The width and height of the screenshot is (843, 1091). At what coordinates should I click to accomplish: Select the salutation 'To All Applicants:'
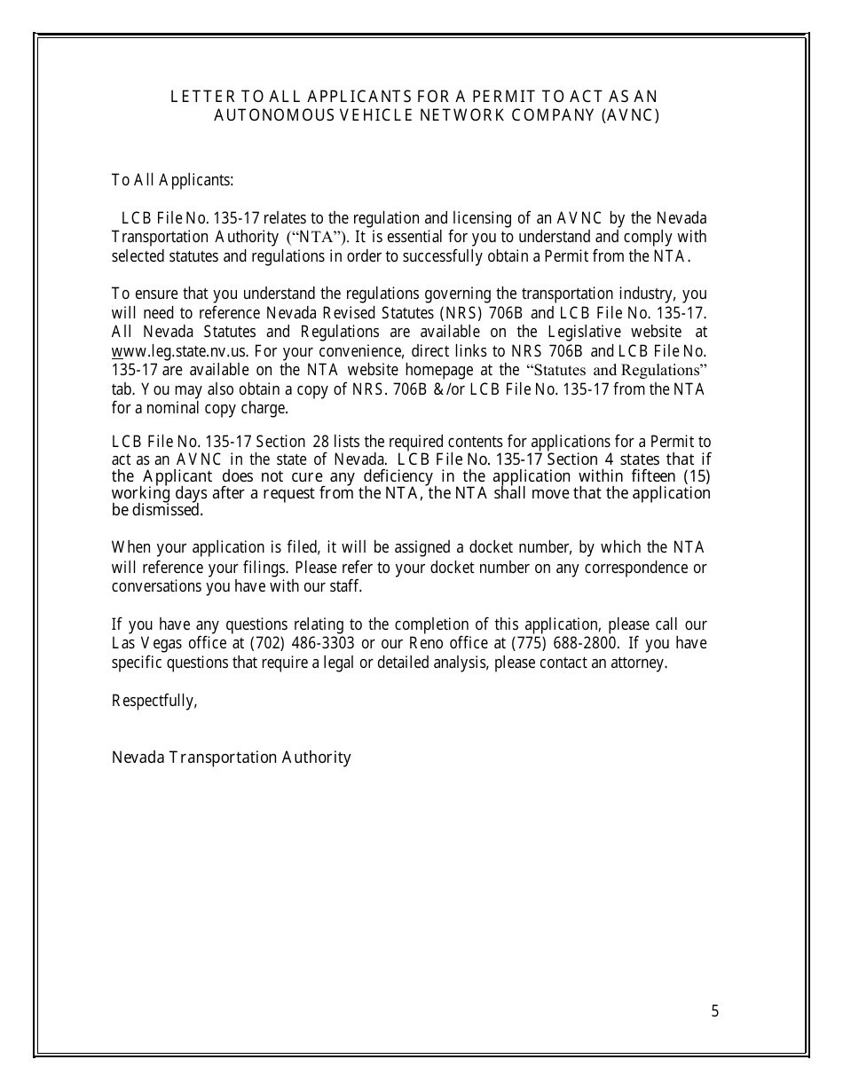pyautogui.click(x=172, y=180)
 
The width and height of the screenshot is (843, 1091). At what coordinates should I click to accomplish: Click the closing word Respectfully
pyautogui.click(x=153, y=701)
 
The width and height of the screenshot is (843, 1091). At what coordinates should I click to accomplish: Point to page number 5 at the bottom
pyautogui.click(x=714, y=1011)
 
